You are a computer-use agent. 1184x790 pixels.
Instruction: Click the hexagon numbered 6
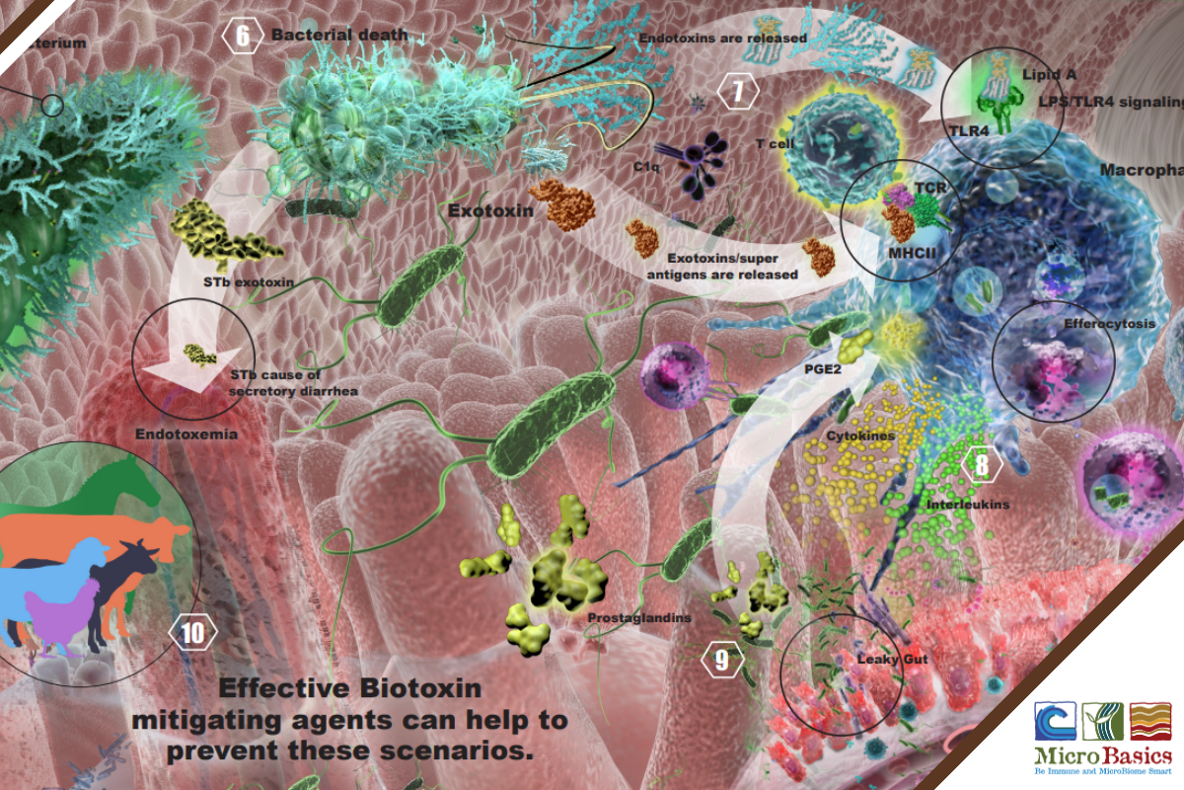coord(242,36)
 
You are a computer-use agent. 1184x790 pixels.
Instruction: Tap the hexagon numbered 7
coord(738,93)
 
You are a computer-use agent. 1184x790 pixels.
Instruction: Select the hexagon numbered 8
coord(982,465)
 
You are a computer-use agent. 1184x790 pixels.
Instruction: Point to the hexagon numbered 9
coord(722,660)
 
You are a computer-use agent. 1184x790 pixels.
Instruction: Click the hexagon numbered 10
coord(192,632)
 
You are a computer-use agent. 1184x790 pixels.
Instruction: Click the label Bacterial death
coord(338,36)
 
